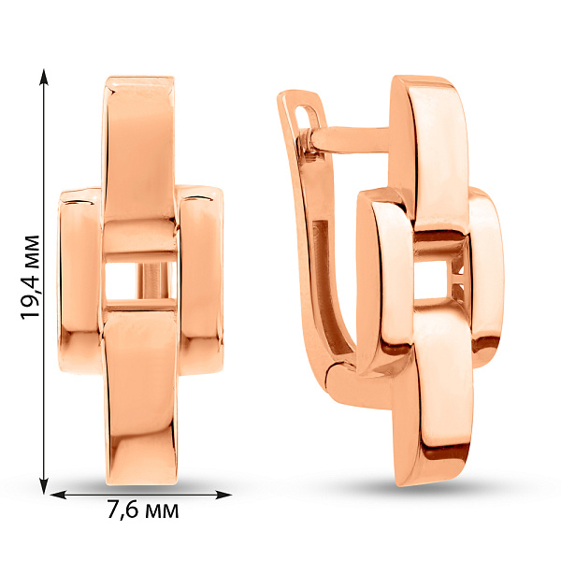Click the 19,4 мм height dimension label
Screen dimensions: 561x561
(30, 278)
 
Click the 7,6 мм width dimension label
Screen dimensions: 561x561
(143, 510)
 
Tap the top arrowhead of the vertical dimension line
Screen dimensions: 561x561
(44, 77)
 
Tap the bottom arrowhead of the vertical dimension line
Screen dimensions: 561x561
(44, 486)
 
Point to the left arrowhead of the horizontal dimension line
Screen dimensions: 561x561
(58, 495)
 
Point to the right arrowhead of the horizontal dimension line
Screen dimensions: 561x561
(223, 495)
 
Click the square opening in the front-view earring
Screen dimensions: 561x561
(141, 280)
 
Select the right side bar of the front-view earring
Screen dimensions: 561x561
(201, 280)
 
